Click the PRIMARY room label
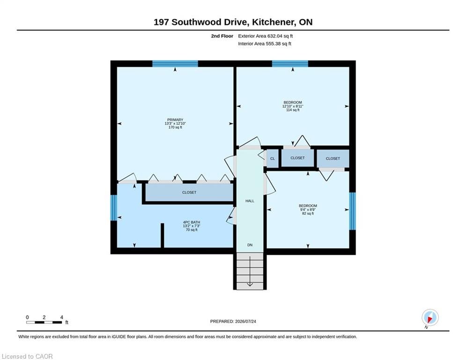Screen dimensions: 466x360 point(175,120)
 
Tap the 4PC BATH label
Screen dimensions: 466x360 point(192,222)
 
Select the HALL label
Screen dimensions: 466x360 point(250,201)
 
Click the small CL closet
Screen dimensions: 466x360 point(273,158)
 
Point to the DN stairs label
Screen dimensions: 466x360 point(250,245)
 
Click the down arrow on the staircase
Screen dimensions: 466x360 point(250,270)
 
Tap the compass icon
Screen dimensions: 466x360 point(430,317)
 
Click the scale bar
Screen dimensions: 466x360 point(44,322)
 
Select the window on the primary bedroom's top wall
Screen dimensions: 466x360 point(175,64)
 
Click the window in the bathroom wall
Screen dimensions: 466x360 point(114,208)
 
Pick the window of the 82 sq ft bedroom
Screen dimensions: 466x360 point(352,211)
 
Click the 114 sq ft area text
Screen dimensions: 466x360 point(293,110)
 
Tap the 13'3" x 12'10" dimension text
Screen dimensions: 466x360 point(175,123)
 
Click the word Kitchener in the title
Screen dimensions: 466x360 point(273,22)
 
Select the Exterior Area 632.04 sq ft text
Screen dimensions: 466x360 point(266,36)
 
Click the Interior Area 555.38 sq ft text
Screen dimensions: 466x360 point(265,44)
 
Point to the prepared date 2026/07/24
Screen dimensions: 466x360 point(245,321)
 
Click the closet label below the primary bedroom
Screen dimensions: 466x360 point(189,193)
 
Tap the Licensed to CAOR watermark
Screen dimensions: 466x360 point(27,356)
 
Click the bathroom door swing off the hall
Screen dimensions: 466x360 point(230,216)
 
